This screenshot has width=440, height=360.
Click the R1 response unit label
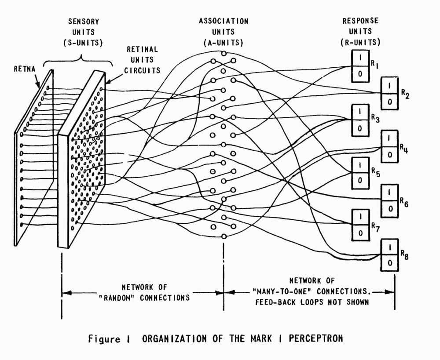pyautogui.click(x=374, y=64)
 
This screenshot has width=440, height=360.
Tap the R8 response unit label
pyautogui.click(x=403, y=255)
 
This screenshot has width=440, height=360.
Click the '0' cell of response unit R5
pyautogui.click(x=359, y=180)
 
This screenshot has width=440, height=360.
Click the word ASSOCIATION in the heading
pyautogui.click(x=224, y=21)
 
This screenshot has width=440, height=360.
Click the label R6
pyautogui.click(x=404, y=203)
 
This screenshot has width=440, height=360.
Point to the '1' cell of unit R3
pyautogui.click(x=360, y=112)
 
